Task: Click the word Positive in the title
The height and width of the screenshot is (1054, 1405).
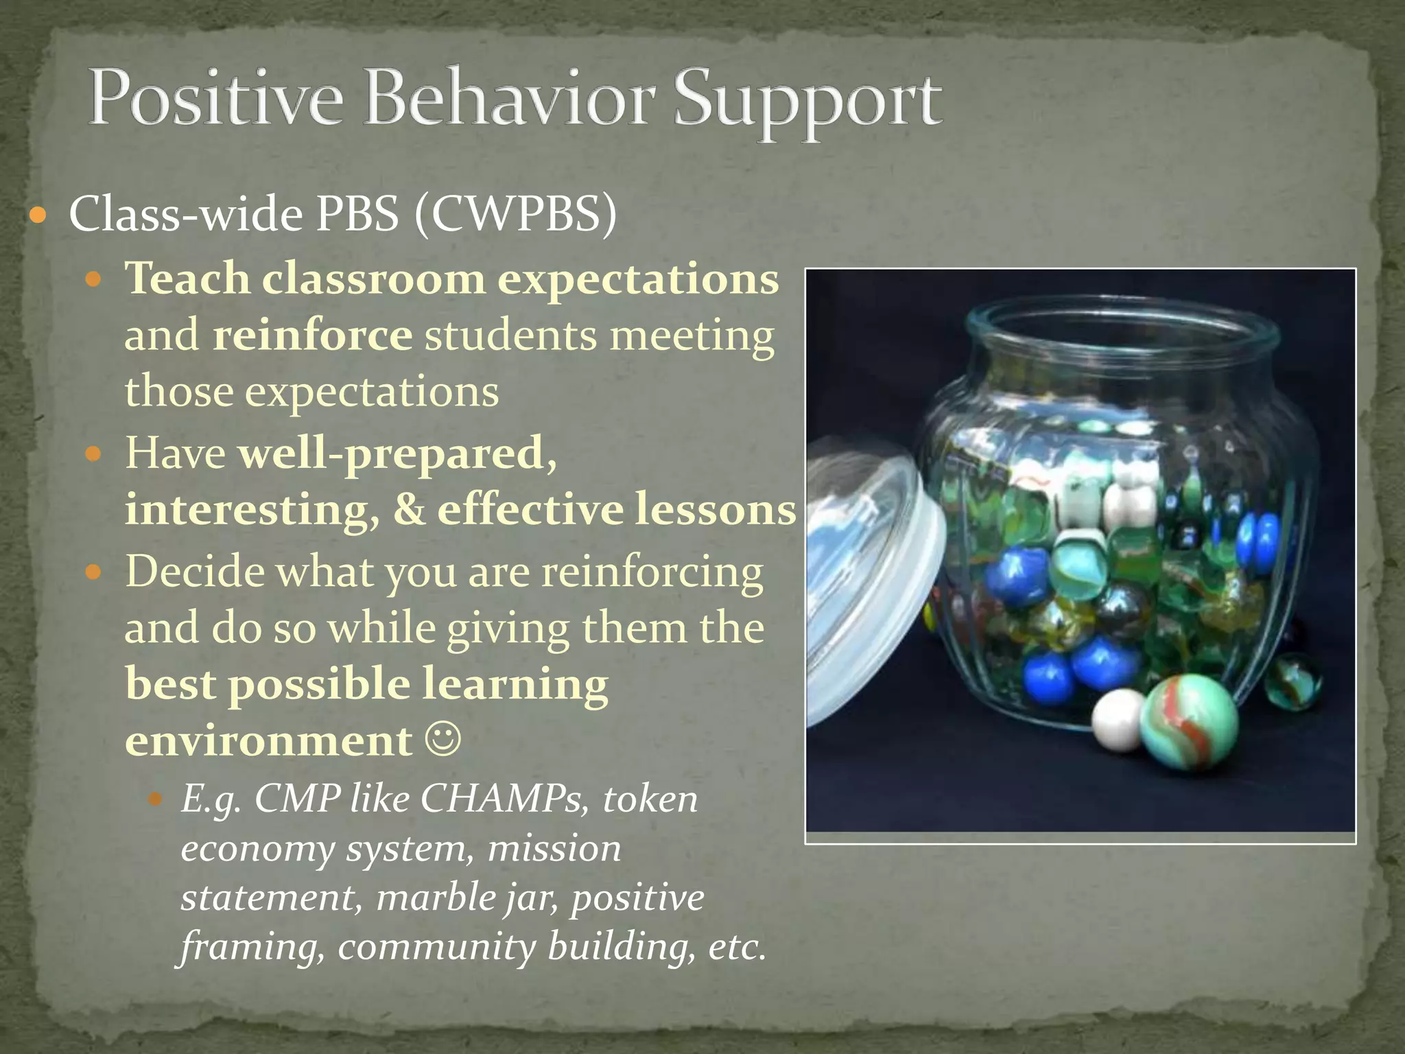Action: click(215, 98)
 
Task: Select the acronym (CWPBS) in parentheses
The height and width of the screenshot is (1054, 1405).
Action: click(515, 214)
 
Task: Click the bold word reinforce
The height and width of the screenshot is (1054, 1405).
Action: click(312, 336)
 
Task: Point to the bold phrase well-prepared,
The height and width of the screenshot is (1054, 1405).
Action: click(397, 454)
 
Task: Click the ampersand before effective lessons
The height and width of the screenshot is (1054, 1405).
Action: click(409, 510)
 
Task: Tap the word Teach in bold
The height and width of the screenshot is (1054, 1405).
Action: click(187, 279)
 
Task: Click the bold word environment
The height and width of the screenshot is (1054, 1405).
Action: click(269, 741)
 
